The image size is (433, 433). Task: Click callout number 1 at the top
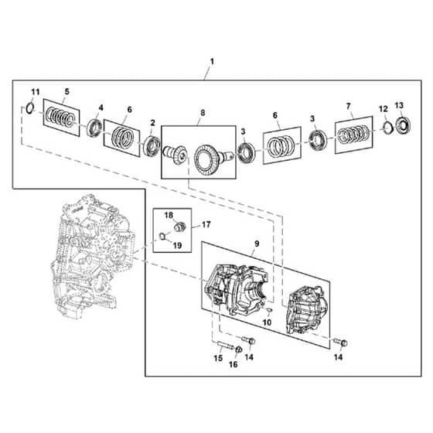[x=212, y=61]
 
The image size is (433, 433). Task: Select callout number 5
[x=67, y=91]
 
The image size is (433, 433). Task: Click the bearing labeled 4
[x=94, y=128]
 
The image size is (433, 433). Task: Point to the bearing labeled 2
[x=152, y=146]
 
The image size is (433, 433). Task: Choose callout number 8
[x=203, y=113]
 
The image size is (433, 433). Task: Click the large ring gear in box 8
[x=206, y=160]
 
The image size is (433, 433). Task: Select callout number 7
[x=348, y=106]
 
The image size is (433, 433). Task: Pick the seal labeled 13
[x=403, y=125]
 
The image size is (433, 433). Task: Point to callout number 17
[x=206, y=224]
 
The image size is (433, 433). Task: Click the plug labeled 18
[x=179, y=227]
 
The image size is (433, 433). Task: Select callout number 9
[x=257, y=244]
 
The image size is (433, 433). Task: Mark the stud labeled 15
[x=225, y=345]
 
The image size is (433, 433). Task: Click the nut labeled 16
[x=239, y=349]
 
